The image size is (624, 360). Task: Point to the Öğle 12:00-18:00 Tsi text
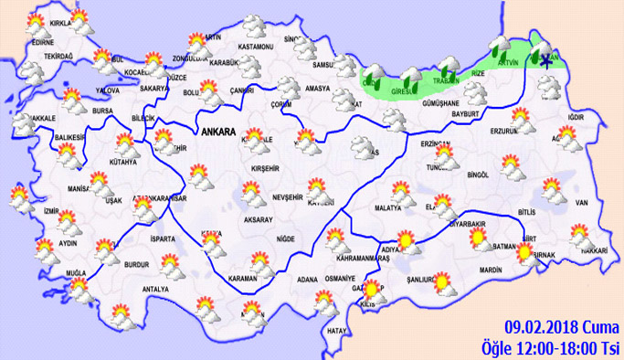coord(551,346)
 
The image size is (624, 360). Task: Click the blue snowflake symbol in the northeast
coord(546,61)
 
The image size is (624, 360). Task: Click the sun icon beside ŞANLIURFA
coord(443,283)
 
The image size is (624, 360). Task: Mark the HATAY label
coord(337,330)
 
